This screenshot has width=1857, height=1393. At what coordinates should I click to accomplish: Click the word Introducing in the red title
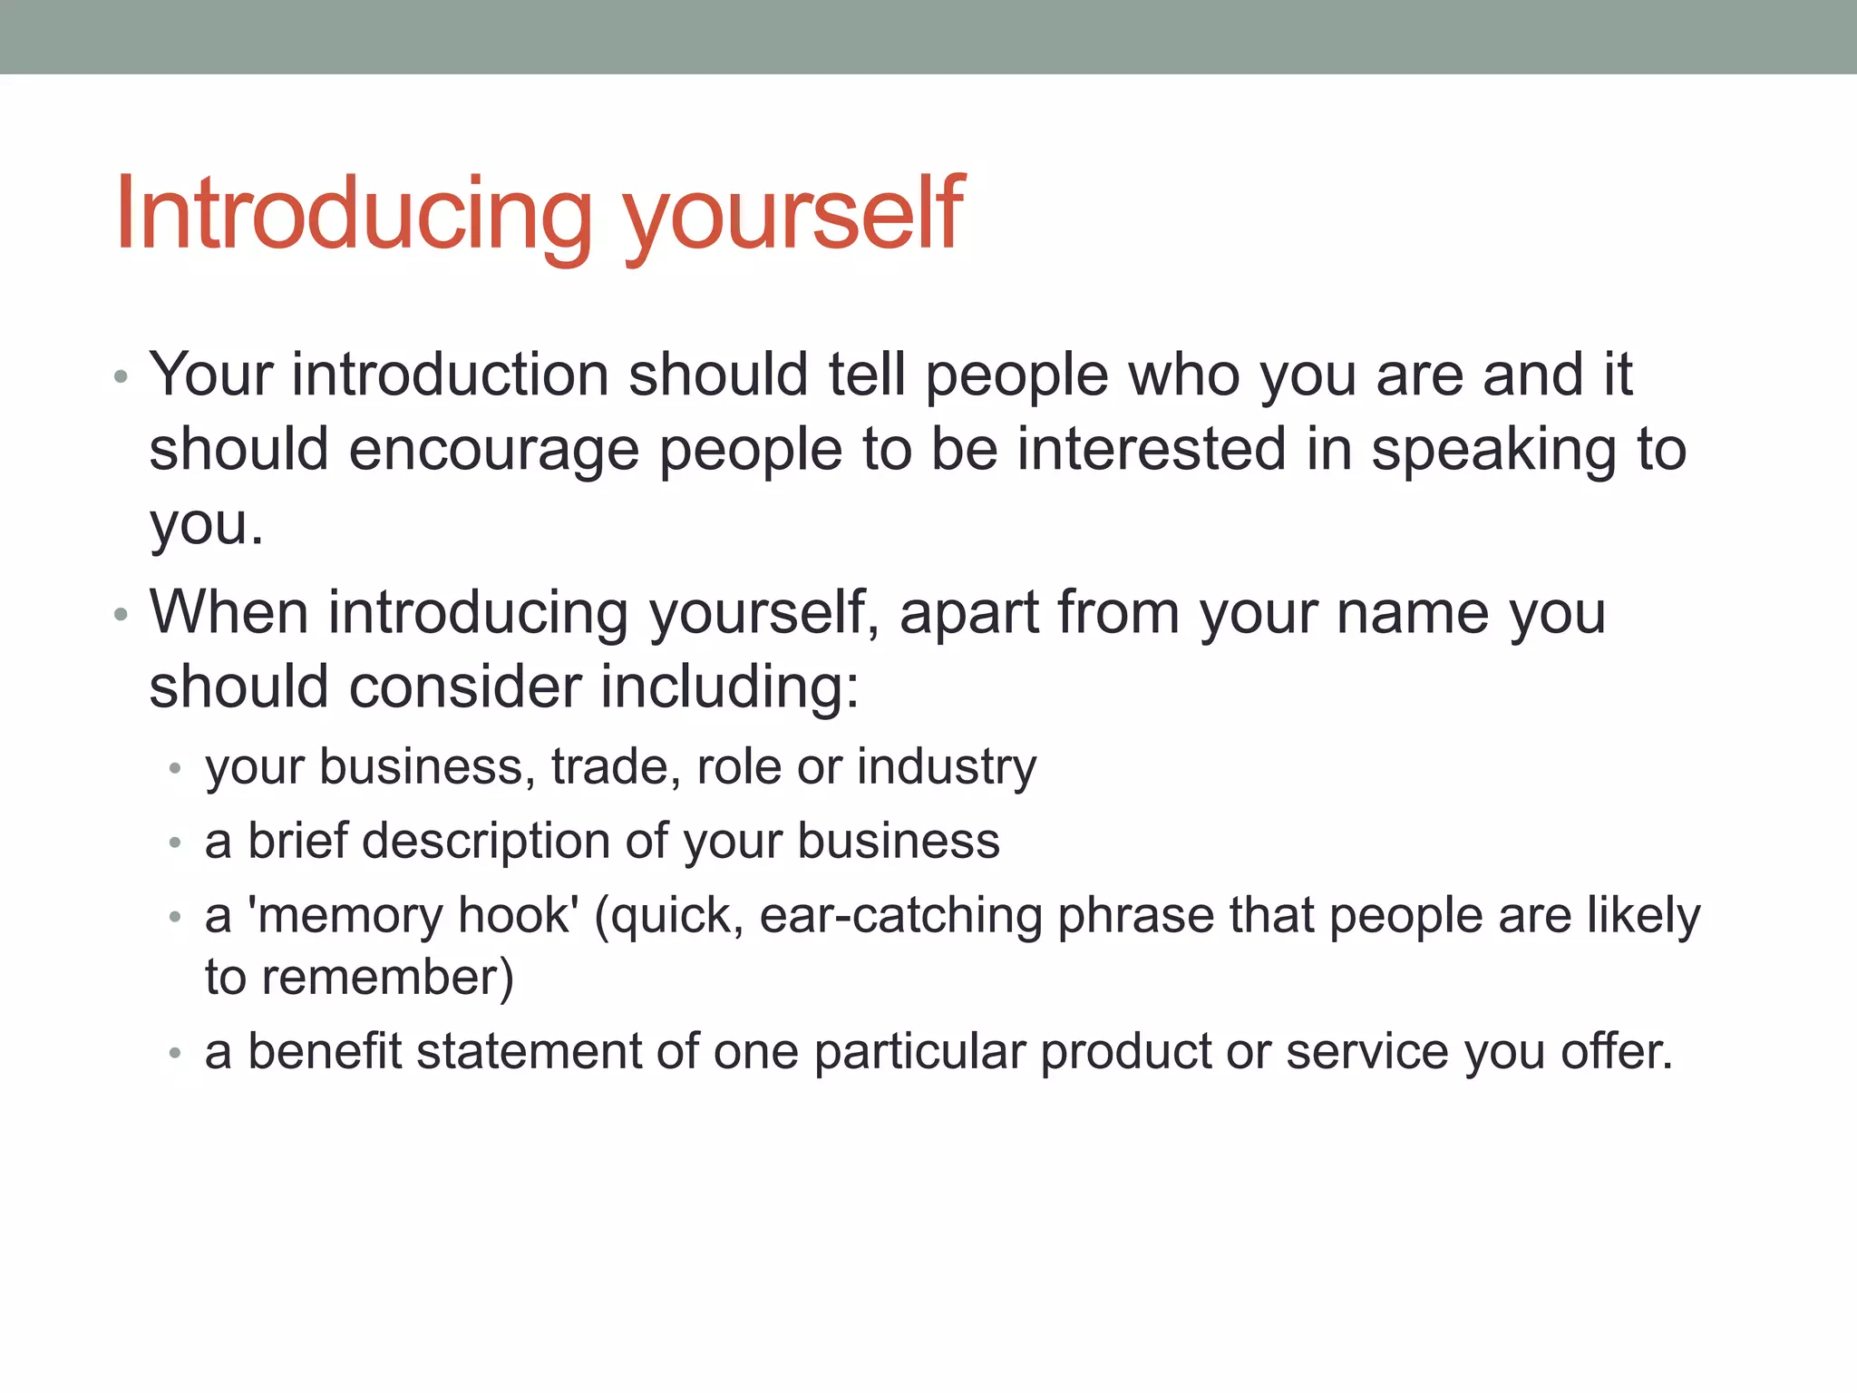pyautogui.click(x=354, y=214)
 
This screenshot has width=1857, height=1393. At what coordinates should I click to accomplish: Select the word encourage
pyautogui.click(x=494, y=450)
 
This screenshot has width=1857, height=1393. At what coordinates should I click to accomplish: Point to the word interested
pyautogui.click(x=1152, y=450)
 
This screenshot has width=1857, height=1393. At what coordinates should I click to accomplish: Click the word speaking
pyautogui.click(x=1493, y=450)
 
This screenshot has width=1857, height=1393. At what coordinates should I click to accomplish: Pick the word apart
pyautogui.click(x=968, y=613)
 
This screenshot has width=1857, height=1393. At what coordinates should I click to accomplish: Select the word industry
pyautogui.click(x=947, y=767)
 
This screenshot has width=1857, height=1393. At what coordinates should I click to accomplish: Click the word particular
pyautogui.click(x=919, y=1052)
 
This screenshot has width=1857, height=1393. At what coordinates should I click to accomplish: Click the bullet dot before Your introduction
pyautogui.click(x=122, y=376)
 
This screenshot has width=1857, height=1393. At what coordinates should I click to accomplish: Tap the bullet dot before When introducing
pyautogui.click(x=122, y=615)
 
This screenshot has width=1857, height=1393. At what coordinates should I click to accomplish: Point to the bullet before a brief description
pyautogui.click(x=176, y=843)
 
